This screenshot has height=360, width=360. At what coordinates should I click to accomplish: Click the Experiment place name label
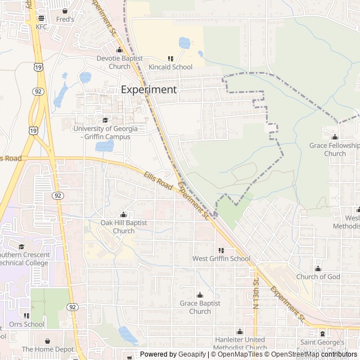149,89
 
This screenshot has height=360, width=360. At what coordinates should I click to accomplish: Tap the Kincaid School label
170,67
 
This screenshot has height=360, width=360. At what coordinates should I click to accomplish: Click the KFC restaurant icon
42,19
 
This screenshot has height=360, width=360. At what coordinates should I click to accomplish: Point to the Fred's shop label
65,19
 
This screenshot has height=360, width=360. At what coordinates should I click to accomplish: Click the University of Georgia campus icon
105,120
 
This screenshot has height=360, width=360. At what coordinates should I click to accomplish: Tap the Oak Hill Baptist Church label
124,227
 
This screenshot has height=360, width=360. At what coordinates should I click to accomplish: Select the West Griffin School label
221,259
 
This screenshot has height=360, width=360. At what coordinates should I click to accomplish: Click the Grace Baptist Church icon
200,295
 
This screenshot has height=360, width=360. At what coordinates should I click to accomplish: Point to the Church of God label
318,277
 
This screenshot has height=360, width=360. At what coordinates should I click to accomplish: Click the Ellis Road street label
157,181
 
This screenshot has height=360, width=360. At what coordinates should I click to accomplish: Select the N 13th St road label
255,294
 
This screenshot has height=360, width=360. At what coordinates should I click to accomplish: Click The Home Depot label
48,349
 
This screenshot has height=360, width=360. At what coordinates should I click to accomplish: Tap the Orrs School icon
26,316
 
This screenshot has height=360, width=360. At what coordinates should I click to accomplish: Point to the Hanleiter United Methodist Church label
240,344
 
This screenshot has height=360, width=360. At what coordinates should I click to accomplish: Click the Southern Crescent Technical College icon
21,246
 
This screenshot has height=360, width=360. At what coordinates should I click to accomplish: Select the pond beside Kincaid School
184,43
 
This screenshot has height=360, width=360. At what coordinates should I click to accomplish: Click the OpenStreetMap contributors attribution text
314,354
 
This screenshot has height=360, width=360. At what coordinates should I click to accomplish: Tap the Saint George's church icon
322,334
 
